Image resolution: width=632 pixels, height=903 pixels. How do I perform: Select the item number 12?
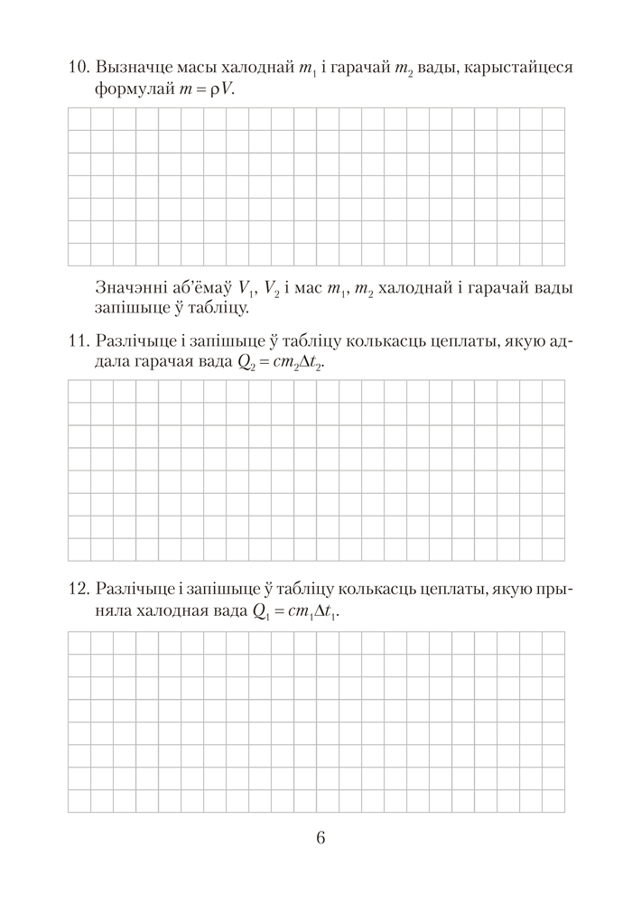[76, 590]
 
